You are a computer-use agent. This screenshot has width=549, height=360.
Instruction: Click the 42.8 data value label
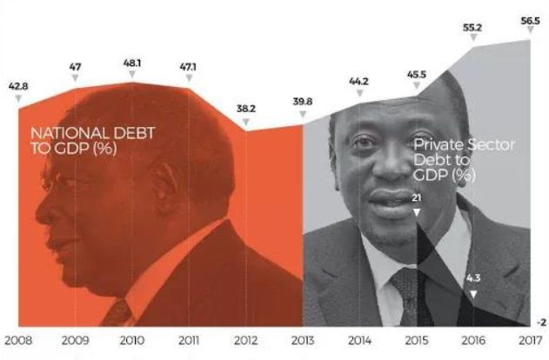17,88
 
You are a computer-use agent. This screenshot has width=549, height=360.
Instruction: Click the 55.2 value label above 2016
472,28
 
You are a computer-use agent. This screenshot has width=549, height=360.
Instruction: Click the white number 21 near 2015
417,199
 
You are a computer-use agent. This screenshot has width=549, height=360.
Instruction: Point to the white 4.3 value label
472,279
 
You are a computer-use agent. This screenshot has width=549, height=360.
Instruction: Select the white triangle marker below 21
417,211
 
